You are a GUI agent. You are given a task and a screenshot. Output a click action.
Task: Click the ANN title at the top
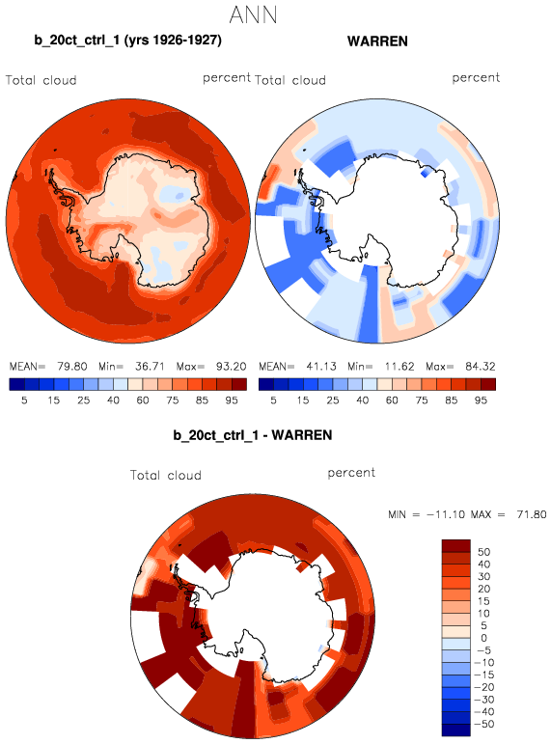tap(253, 15)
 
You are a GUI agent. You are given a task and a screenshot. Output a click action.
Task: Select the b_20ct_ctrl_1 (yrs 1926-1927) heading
tap(127, 40)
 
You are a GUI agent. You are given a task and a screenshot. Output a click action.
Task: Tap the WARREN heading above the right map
tap(377, 41)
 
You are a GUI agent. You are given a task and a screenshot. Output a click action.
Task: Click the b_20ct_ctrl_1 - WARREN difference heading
tap(253, 435)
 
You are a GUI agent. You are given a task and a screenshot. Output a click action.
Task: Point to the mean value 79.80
tap(72, 367)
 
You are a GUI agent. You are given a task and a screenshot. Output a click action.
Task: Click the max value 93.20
tap(232, 367)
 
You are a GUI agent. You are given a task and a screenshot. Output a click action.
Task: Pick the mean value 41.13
tap(320, 367)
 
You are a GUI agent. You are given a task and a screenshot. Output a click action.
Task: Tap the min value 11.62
tap(399, 367)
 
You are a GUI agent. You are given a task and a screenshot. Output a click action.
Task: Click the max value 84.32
tap(481, 367)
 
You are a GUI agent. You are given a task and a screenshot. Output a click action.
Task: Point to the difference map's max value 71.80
tap(532, 514)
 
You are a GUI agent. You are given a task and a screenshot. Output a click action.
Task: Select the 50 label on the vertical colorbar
tap(483, 552)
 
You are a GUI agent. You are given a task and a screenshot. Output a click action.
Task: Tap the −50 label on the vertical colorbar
tap(483, 724)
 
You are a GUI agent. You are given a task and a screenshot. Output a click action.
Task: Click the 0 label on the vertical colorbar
tap(483, 638)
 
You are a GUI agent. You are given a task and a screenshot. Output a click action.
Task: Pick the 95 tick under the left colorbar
tap(232, 400)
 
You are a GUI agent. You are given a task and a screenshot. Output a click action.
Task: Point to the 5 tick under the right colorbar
tap(273, 400)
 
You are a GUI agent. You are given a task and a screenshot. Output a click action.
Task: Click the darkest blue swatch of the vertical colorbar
tap(456, 730)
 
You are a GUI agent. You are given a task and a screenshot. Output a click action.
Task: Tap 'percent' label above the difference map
tap(351, 473)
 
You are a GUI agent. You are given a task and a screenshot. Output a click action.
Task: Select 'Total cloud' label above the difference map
tap(166, 475)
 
